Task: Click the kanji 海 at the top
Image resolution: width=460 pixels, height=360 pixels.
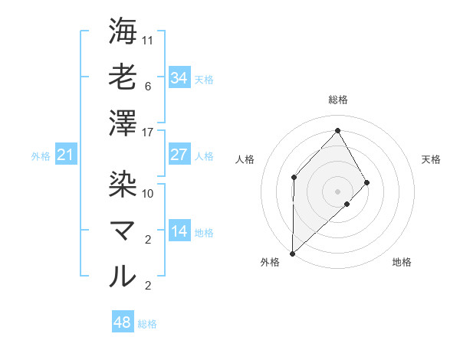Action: coord(123,31)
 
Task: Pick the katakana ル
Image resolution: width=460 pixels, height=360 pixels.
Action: coord(123,276)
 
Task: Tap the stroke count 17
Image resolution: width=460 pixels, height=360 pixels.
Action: coord(148,132)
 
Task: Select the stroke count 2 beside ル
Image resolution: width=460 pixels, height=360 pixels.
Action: coord(148,286)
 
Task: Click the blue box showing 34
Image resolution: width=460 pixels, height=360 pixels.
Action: coord(179,78)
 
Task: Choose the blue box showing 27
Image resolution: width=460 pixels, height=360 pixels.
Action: coord(179,155)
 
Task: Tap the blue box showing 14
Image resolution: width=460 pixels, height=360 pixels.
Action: coord(179,232)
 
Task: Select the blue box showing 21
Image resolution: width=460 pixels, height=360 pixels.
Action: coord(66,155)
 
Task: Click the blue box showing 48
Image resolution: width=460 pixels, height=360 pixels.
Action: coord(123,322)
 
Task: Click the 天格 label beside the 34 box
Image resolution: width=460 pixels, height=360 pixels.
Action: coord(204,79)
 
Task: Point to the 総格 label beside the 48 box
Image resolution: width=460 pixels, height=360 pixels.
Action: coord(147,324)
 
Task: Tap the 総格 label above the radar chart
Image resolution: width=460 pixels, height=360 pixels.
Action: coord(337,100)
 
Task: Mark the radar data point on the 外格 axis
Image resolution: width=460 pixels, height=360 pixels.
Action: coord(292,253)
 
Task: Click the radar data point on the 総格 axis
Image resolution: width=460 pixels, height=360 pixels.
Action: coord(337,130)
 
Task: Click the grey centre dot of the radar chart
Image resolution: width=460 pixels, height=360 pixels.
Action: coord(337,190)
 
